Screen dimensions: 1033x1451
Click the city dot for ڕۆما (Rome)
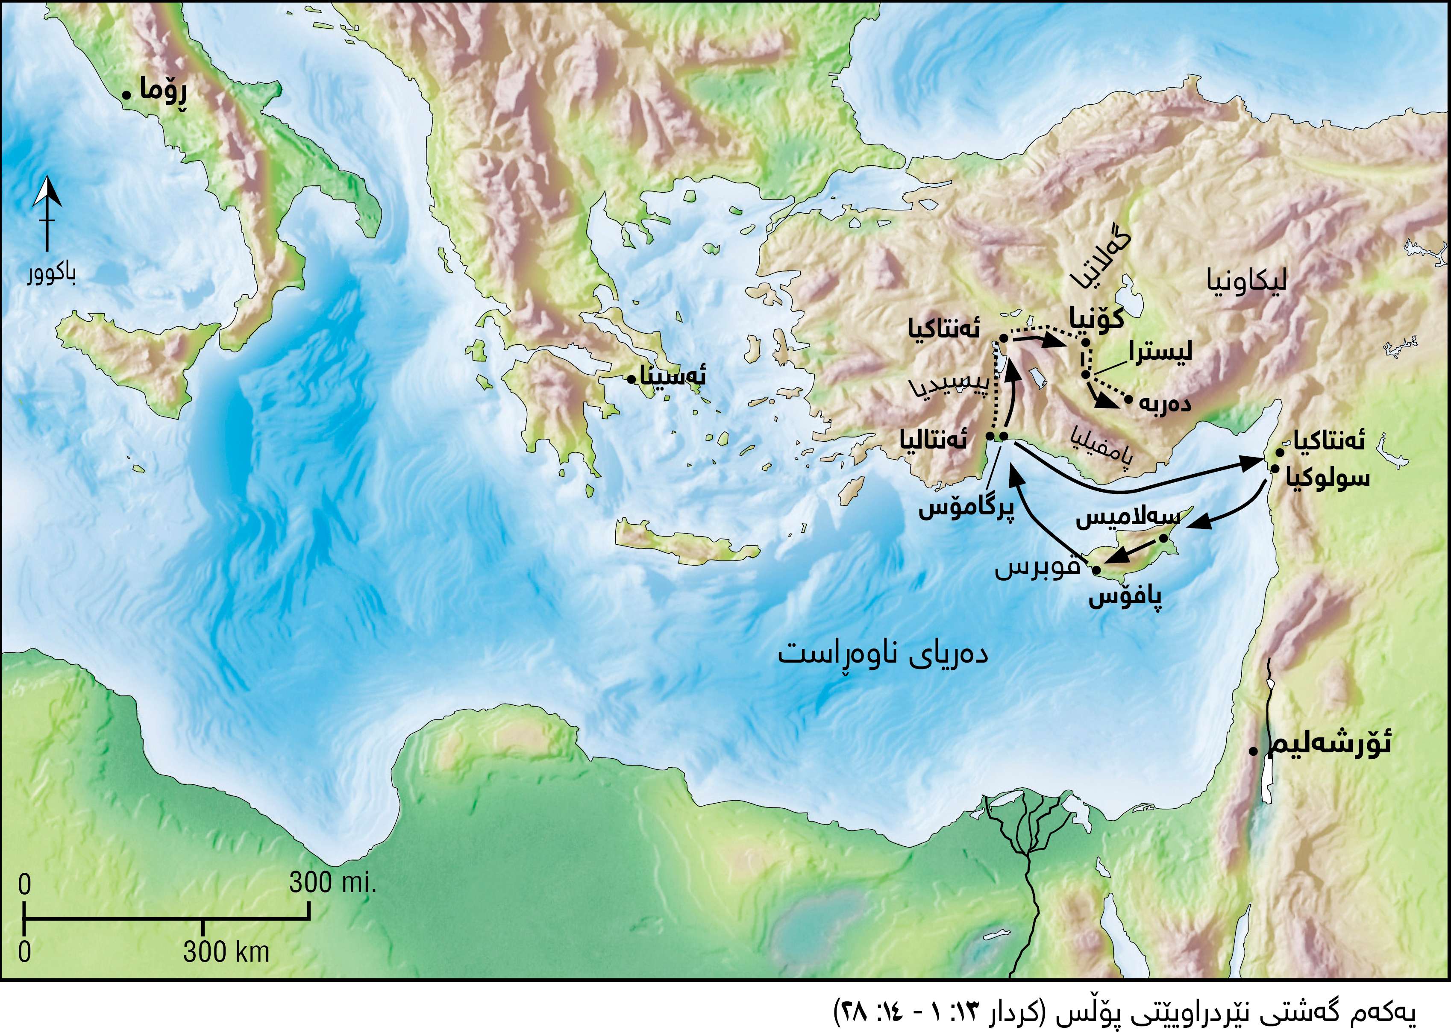126,95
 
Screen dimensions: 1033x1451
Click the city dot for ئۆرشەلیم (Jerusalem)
1252,751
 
